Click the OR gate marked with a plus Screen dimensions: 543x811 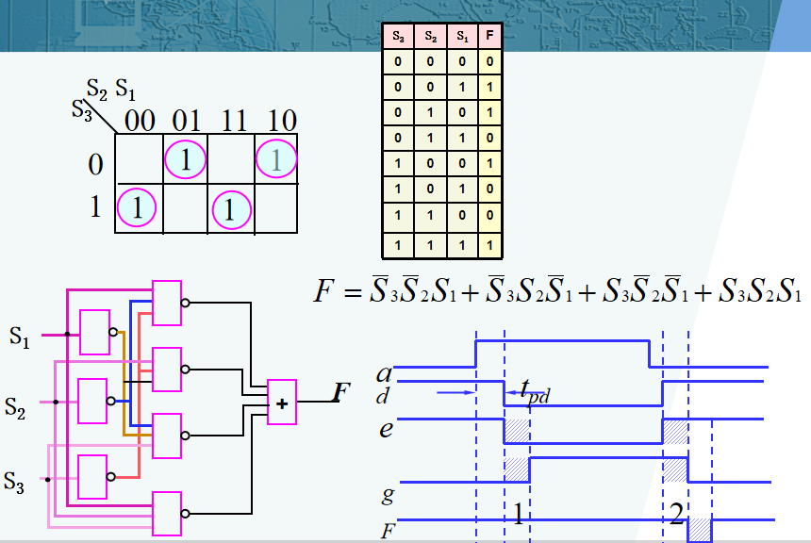click(x=281, y=403)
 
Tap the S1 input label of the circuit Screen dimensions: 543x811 click(x=20, y=336)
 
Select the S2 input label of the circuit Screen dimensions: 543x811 click(x=16, y=406)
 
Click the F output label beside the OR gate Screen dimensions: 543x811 click(x=343, y=394)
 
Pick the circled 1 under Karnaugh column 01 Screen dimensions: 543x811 click(x=186, y=160)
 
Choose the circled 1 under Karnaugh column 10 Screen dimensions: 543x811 click(x=276, y=159)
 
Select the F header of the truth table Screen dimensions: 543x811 click(x=488, y=38)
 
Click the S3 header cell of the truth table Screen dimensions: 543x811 click(x=397, y=38)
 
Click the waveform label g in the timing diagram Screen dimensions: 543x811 click(x=387, y=492)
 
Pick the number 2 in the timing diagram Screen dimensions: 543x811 click(x=676, y=513)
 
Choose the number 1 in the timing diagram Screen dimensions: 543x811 click(x=518, y=514)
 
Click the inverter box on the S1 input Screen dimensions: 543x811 click(x=94, y=331)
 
